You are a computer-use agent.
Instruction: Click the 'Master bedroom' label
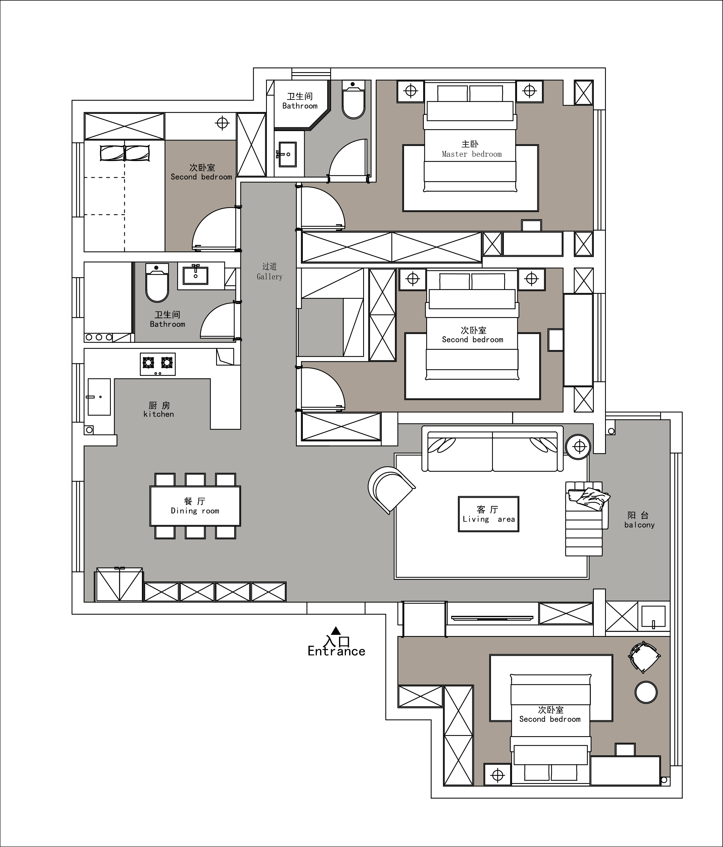click(472, 154)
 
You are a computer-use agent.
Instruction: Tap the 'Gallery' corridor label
click(269, 277)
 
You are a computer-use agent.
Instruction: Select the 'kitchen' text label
click(159, 414)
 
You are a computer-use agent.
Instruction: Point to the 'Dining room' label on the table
click(195, 511)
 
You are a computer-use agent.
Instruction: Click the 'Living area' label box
click(488, 514)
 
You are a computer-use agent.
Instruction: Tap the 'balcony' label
click(639, 525)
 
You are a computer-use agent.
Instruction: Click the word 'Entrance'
click(336, 651)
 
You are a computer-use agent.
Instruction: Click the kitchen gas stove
click(158, 364)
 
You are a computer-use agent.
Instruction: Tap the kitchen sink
click(99, 397)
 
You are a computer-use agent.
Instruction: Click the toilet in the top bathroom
click(353, 99)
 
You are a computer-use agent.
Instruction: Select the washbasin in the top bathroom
click(288, 154)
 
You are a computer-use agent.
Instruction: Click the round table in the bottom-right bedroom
click(646, 692)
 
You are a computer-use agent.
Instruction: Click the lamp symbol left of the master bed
click(411, 91)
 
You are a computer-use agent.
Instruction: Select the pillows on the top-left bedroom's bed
click(125, 153)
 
